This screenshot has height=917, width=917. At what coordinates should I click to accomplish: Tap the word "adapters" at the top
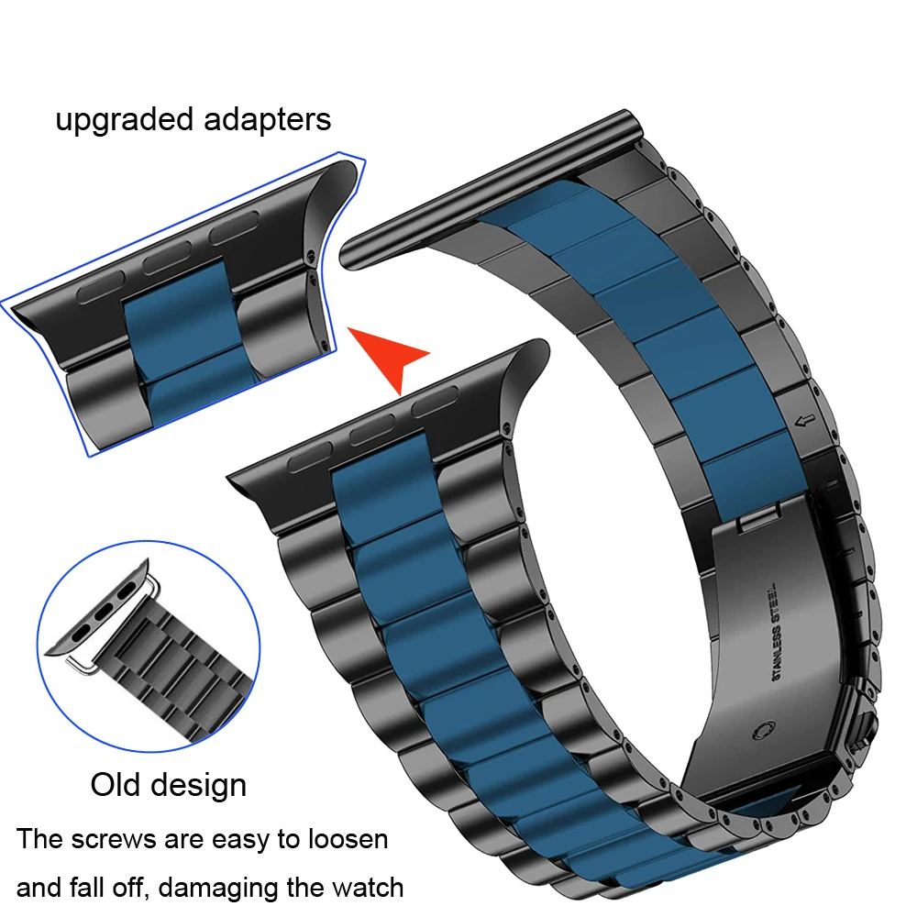[x=266, y=120]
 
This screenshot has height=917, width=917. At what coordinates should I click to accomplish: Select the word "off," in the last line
[x=141, y=887]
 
